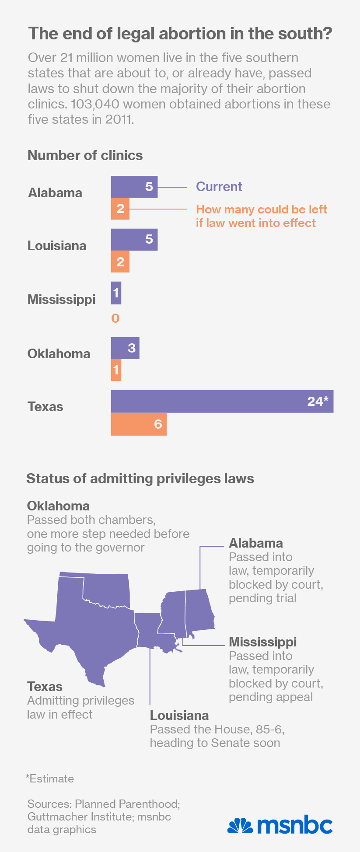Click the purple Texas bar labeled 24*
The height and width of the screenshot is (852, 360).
coord(222,401)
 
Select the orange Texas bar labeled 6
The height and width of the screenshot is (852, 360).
coord(139,424)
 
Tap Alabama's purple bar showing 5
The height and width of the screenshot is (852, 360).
coord(134,187)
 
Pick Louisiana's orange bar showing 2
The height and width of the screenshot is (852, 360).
coord(120,262)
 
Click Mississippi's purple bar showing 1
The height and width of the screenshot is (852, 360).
coord(116,293)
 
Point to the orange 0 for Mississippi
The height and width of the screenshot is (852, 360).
coord(115,318)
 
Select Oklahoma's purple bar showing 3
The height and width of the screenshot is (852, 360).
coord(125,348)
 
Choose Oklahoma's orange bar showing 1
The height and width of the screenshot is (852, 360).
coord(116,370)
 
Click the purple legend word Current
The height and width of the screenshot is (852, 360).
coord(219,187)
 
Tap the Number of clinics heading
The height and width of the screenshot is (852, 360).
coord(85,156)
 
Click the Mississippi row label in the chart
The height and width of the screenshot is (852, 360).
coord(61,300)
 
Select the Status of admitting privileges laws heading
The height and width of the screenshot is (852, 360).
coord(140,478)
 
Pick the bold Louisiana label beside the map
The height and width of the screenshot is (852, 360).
coord(179,716)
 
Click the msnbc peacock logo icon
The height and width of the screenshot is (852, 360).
coord(240,826)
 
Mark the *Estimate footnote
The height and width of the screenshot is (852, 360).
coord(50,779)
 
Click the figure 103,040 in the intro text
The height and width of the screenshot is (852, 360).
coord(96,104)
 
